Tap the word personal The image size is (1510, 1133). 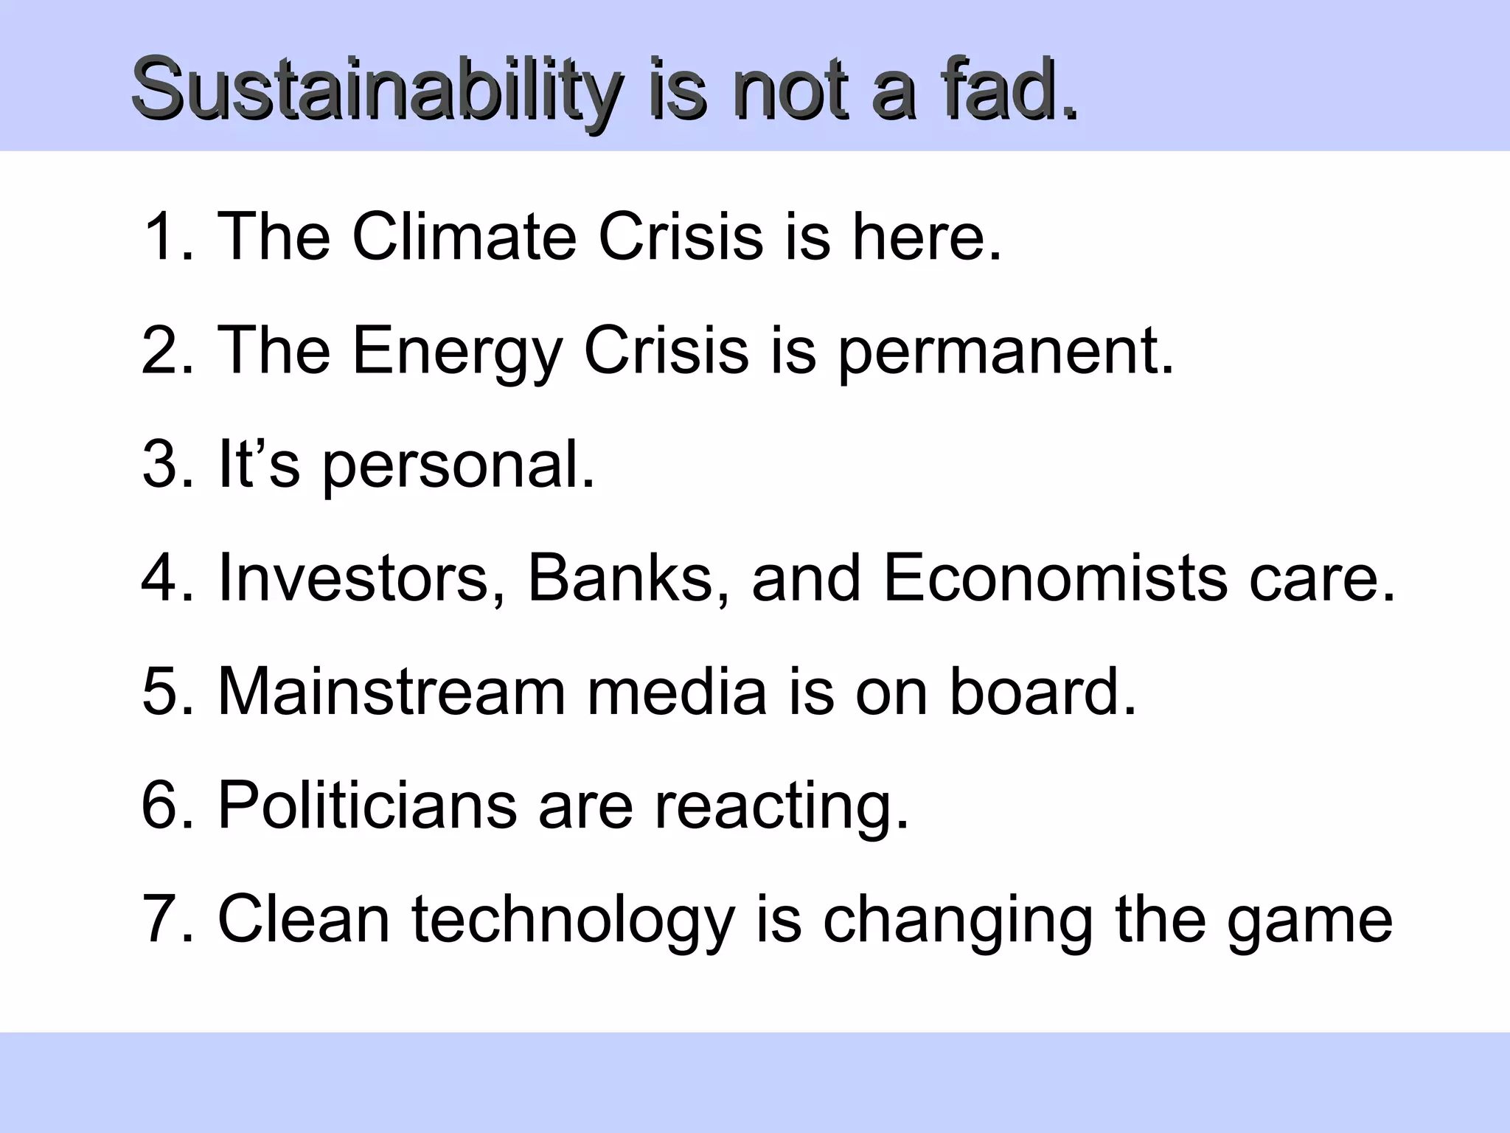[x=457, y=465]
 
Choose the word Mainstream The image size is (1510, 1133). [x=392, y=691]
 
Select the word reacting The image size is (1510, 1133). [x=782, y=805]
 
